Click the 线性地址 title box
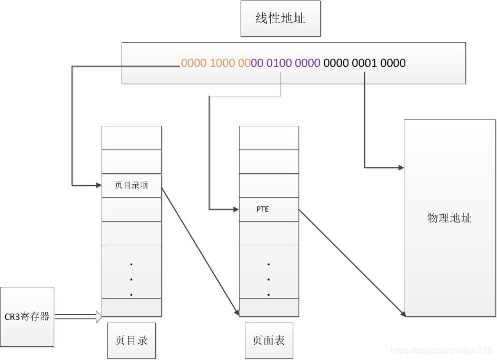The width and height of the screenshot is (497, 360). click(280, 18)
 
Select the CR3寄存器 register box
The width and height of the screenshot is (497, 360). click(27, 316)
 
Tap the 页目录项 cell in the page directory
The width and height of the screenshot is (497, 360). click(131, 185)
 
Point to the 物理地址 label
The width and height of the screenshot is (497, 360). click(449, 218)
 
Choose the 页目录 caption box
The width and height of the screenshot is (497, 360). click(131, 340)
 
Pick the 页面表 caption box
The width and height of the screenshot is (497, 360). click(269, 340)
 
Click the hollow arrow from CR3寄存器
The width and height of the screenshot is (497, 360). click(78, 316)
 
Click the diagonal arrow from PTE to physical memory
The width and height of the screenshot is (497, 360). click(352, 262)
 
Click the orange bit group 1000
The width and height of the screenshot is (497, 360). click(222, 63)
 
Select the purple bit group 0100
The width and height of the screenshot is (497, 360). click(279, 63)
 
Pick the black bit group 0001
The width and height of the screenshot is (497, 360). click(364, 63)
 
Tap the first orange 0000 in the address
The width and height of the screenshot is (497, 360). click(194, 63)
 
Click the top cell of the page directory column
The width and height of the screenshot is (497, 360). click(131, 138)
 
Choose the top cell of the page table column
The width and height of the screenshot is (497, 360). click(269, 138)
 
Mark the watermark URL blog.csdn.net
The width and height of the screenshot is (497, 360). click(442, 351)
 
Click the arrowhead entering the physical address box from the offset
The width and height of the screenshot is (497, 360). click(401, 167)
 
